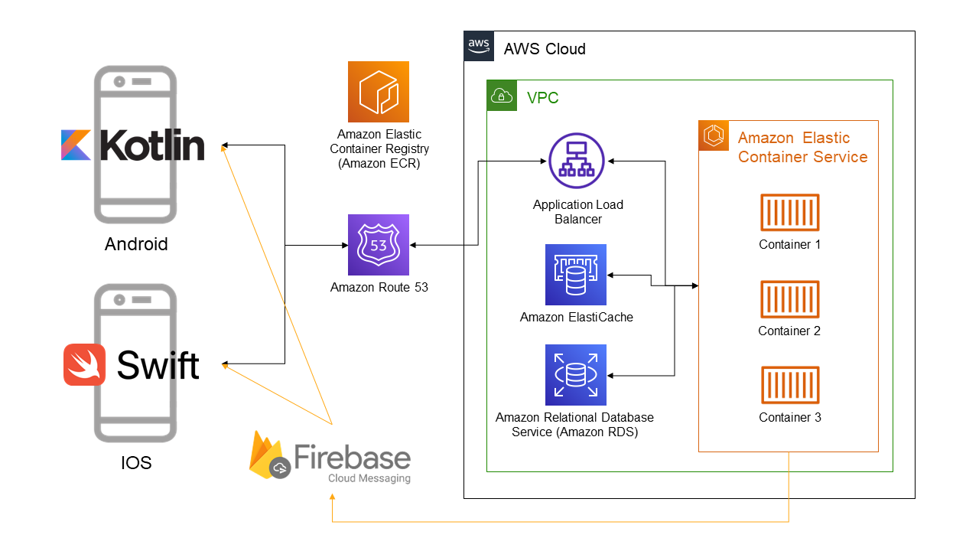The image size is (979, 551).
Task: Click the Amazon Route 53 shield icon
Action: pyautogui.click(x=379, y=245)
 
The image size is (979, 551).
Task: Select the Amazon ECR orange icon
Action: pyautogui.click(x=379, y=92)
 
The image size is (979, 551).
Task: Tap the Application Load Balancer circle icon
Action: pyautogui.click(x=577, y=161)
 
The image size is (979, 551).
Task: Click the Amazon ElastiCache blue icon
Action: pyautogui.click(x=576, y=275)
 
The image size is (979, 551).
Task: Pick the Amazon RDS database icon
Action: pyautogui.click(x=576, y=374)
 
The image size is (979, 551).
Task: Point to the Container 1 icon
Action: pyautogui.click(x=790, y=213)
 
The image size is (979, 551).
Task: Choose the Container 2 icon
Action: pyautogui.click(x=790, y=299)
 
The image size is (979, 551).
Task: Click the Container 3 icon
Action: pyautogui.click(x=790, y=386)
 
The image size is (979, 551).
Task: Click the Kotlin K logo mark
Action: pyautogui.click(x=76, y=145)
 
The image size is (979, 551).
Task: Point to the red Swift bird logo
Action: pyautogui.click(x=85, y=365)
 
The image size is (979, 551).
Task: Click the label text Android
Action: pyautogui.click(x=136, y=245)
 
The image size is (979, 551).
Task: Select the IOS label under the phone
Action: pyautogui.click(x=136, y=463)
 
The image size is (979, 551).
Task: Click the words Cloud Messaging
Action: pyautogui.click(x=369, y=478)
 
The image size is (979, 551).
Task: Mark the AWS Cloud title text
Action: pyautogui.click(x=545, y=49)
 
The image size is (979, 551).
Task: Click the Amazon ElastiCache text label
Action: pyautogui.click(x=577, y=317)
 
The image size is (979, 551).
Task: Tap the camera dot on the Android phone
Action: pyautogui.click(x=119, y=81)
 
